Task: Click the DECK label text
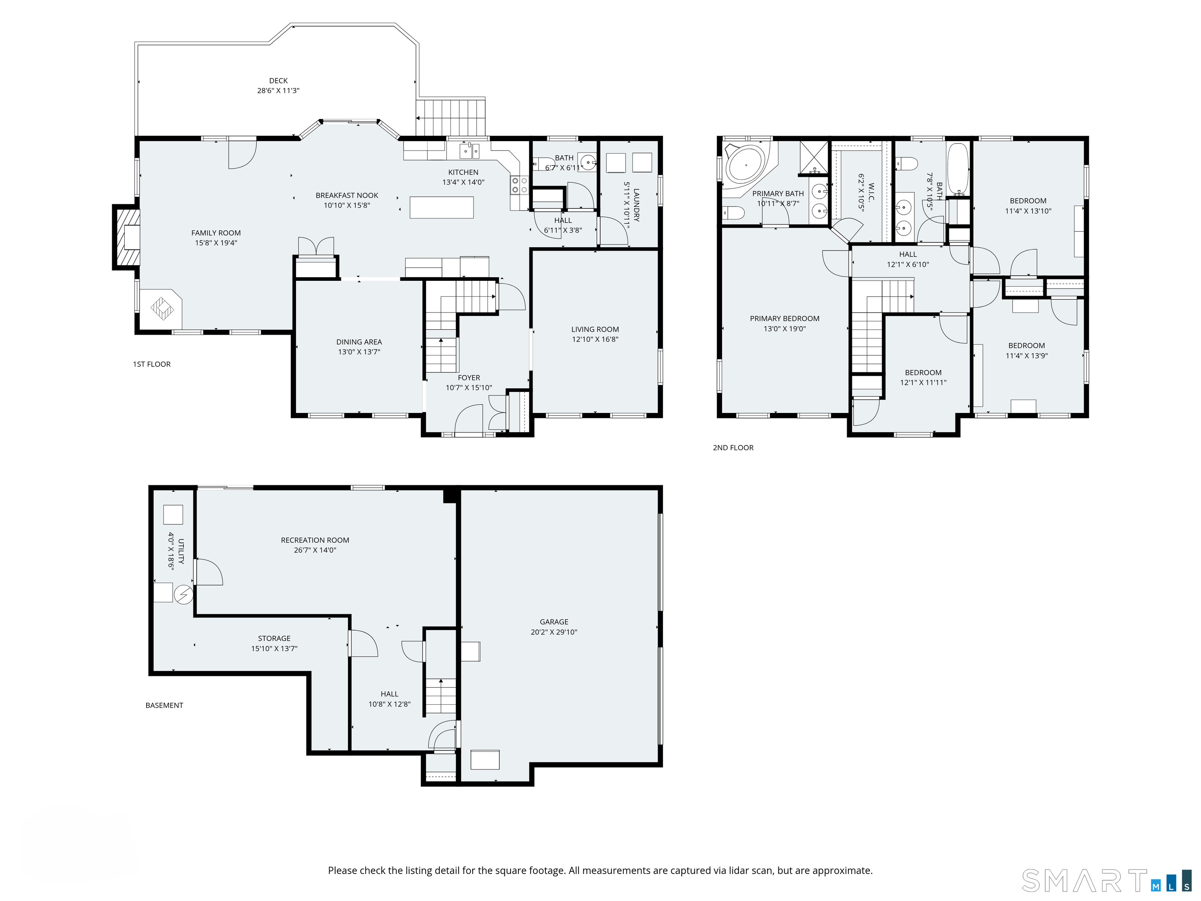[278, 81]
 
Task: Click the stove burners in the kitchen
[519, 185]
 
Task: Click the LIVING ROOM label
[595, 330]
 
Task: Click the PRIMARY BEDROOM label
[785, 319]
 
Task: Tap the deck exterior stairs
[451, 117]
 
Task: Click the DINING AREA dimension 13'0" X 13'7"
[359, 352]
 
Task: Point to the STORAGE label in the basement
[274, 639]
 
